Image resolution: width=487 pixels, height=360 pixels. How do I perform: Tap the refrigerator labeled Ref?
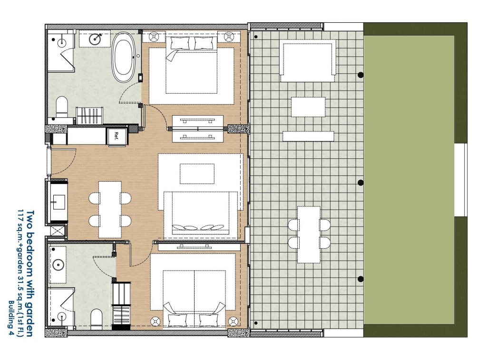(x=117, y=136)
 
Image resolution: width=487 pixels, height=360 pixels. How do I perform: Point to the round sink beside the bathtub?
(x=95, y=39)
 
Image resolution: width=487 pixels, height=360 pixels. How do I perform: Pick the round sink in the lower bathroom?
(x=58, y=265)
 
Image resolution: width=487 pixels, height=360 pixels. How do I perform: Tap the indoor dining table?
(x=110, y=209)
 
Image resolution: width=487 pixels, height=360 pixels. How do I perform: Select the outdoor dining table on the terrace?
(x=309, y=234)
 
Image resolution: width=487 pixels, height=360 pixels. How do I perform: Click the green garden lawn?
(x=410, y=180)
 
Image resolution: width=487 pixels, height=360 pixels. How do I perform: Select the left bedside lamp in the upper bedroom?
(x=154, y=37)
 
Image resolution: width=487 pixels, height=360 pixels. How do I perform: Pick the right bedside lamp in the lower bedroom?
(x=233, y=321)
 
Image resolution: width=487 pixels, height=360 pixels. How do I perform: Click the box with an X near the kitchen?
(x=57, y=231)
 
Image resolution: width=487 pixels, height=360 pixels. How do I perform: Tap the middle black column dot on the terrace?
(x=360, y=182)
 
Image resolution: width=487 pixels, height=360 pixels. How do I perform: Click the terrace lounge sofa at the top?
(x=308, y=60)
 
